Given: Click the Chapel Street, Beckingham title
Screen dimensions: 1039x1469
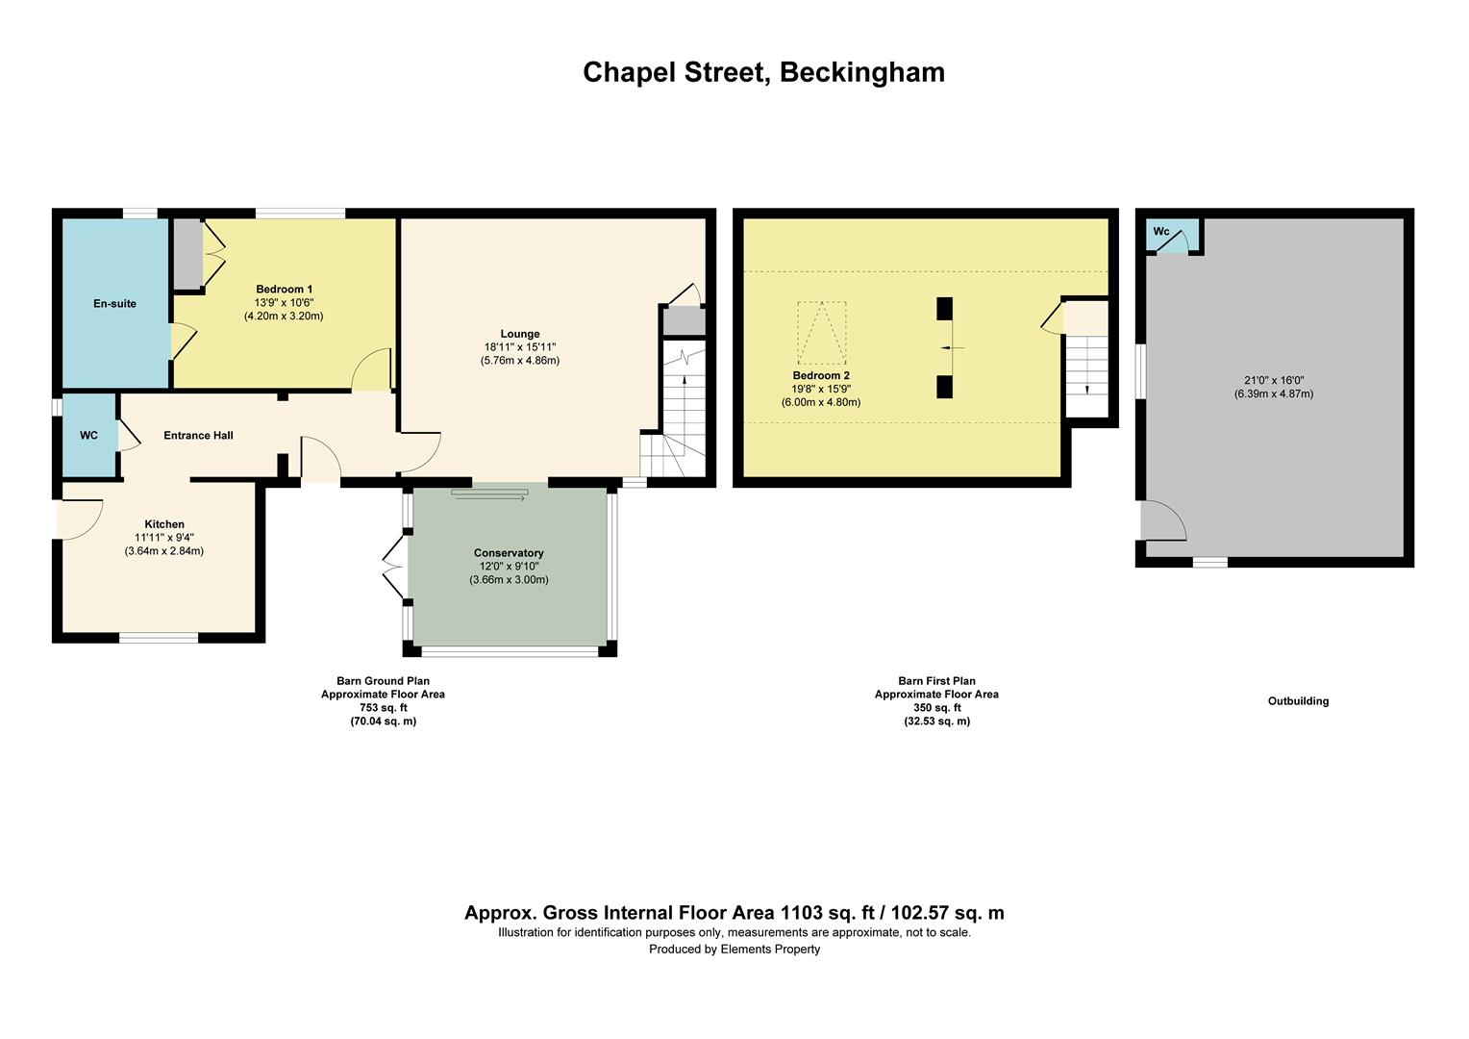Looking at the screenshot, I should click(x=763, y=72).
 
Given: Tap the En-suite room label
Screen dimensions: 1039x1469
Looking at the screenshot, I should click(x=114, y=304).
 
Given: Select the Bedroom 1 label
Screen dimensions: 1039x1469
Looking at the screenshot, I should click(x=284, y=290).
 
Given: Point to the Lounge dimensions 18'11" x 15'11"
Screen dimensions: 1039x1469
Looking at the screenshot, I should click(x=519, y=347).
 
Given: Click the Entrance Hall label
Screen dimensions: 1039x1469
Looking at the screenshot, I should click(x=198, y=436).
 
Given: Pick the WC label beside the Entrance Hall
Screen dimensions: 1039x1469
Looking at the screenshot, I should click(x=88, y=436).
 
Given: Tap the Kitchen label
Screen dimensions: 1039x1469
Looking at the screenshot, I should click(x=164, y=524).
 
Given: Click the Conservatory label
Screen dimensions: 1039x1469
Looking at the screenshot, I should click(x=509, y=553).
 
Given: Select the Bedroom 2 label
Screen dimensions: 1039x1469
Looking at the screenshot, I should click(x=821, y=376).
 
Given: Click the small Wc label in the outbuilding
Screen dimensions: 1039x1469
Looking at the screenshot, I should click(x=1161, y=232).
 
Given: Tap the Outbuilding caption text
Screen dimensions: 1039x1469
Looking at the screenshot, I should click(x=1298, y=701).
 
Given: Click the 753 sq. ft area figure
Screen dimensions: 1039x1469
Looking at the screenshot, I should click(x=383, y=708).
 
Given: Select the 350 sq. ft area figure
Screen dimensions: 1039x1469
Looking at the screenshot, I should click(x=936, y=708).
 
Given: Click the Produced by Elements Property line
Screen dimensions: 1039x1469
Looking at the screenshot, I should click(x=734, y=950).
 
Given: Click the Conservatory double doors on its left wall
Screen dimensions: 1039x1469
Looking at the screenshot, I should click(x=393, y=568).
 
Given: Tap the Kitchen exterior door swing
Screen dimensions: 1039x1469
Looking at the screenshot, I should click(x=81, y=520).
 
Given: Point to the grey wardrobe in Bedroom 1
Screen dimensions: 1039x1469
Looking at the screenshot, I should click(x=187, y=254).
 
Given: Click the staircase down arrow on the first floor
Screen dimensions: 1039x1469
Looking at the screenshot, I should click(x=1087, y=388).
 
